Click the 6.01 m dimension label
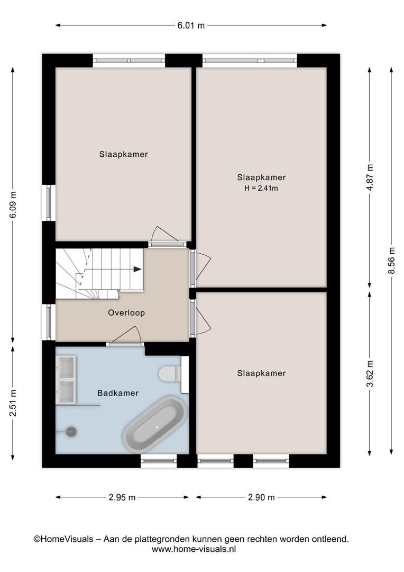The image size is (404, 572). click(x=191, y=25)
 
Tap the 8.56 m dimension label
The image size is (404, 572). click(x=392, y=261)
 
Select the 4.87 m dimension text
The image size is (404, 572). click(x=370, y=177)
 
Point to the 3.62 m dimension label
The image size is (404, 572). click(x=370, y=373)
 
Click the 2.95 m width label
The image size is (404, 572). click(x=122, y=497)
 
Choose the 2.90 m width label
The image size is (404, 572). click(x=261, y=497)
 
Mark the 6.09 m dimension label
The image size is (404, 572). click(x=13, y=204)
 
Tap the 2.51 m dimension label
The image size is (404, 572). click(x=13, y=403)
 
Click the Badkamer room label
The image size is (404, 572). click(x=118, y=393)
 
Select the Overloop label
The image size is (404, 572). click(x=126, y=312)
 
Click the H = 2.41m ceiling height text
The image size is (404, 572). click(x=261, y=188)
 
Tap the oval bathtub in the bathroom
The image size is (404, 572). click(x=155, y=425)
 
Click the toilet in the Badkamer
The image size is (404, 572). click(x=170, y=373)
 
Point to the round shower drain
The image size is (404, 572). click(x=71, y=432)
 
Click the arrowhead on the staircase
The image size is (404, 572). click(x=137, y=269)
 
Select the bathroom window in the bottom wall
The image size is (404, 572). click(x=159, y=461)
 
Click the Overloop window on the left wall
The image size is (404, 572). click(x=49, y=322)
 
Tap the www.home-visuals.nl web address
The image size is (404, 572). click(x=194, y=549)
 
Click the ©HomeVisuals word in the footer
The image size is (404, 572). click(x=63, y=539)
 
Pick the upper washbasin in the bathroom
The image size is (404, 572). click(x=67, y=368)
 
